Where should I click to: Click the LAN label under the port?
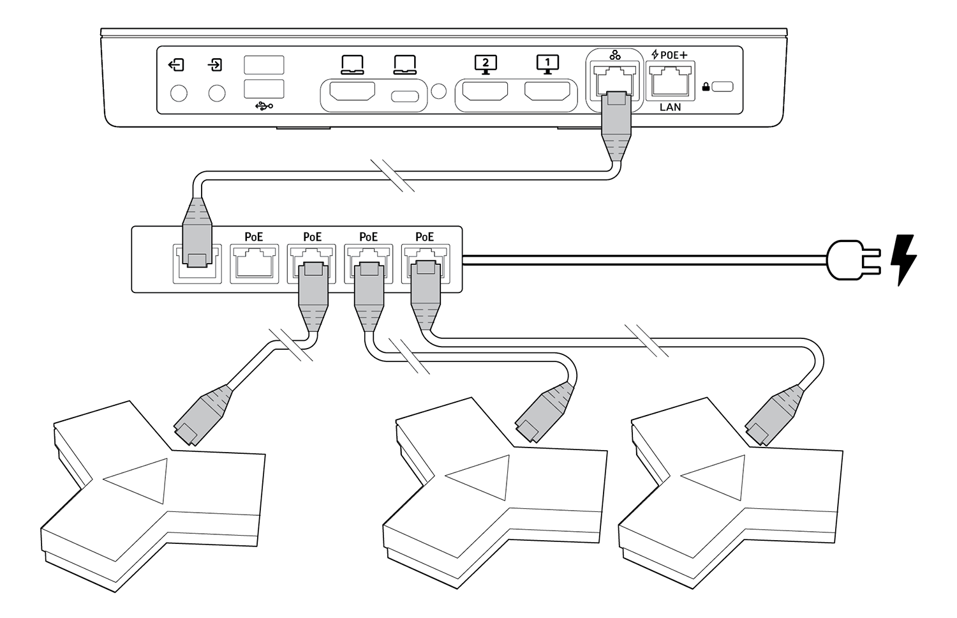click(670, 107)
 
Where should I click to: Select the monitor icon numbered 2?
click(486, 64)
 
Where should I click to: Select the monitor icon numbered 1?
click(547, 64)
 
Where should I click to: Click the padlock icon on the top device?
click(706, 87)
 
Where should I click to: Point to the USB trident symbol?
click(263, 106)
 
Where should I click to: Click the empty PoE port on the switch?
click(254, 263)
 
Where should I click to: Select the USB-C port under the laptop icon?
click(404, 97)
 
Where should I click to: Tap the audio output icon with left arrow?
click(176, 64)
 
